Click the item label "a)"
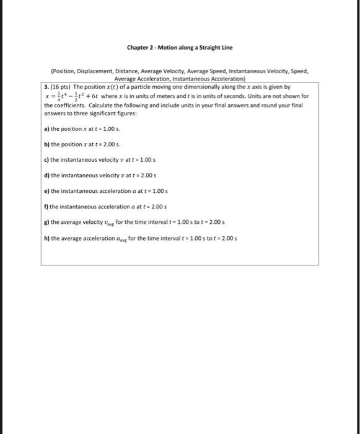46,128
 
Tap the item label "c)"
46,159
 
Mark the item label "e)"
46,191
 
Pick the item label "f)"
46,206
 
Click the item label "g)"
46,221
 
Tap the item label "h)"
46,237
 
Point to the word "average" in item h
71,237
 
